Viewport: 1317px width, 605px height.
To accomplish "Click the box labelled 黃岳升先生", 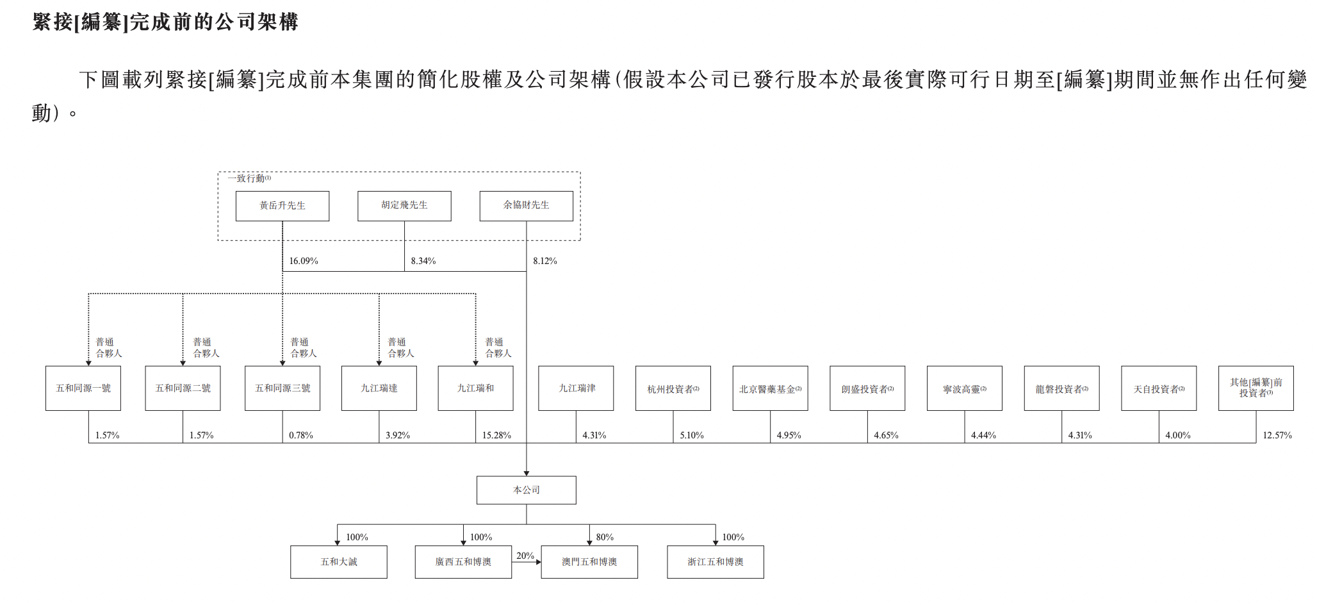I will [282, 206].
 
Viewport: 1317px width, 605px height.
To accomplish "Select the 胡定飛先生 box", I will [404, 206].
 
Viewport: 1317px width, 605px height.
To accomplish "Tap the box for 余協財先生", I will [526, 206].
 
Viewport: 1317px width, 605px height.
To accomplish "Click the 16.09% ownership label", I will [304, 261].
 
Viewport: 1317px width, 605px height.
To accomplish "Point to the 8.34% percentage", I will [423, 261].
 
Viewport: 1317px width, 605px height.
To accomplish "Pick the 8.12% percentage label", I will [545, 261].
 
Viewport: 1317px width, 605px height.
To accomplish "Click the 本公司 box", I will [526, 490].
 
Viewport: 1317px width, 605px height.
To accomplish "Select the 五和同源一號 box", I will [83, 388].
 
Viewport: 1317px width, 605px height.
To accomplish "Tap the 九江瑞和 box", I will [475, 388].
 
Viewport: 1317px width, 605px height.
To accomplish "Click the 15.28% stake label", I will [496, 435].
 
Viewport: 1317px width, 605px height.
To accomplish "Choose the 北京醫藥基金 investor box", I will [770, 388].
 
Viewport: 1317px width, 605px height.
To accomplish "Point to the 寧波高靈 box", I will [964, 388].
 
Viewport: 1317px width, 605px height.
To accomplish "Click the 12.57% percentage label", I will [1277, 435].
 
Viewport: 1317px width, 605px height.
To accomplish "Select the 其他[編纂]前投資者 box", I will [1256, 388].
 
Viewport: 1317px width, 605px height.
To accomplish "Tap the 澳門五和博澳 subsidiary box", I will [589, 562].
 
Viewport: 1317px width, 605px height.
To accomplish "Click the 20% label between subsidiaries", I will [525, 556].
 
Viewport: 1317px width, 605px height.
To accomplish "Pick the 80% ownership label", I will [605, 537].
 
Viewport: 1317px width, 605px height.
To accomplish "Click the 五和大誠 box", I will [339, 562].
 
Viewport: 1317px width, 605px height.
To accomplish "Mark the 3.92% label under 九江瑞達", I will [398, 435].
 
